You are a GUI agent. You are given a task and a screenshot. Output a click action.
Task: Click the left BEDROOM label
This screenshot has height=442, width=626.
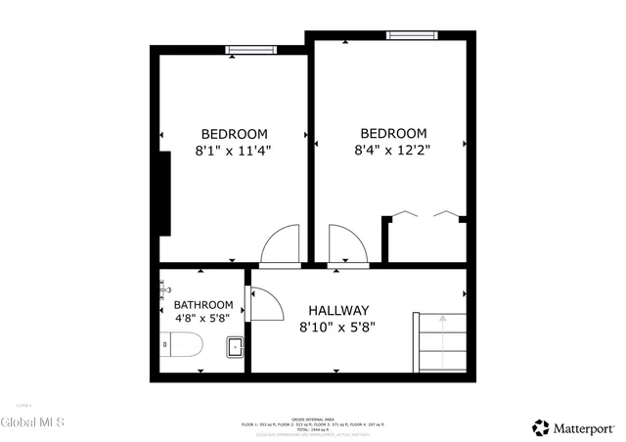pyautogui.click(x=234, y=134)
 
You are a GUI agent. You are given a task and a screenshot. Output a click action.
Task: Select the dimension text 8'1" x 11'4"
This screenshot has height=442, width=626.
pyautogui.click(x=234, y=151)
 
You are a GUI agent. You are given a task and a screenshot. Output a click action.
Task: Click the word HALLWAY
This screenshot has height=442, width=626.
pyautogui.click(x=338, y=310)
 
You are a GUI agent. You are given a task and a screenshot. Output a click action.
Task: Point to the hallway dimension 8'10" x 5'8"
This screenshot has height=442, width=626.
pyautogui.click(x=337, y=328)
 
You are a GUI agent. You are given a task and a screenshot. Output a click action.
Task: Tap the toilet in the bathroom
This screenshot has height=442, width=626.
pyautogui.click(x=182, y=346)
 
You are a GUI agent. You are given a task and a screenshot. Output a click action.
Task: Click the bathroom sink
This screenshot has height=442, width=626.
pyautogui.click(x=236, y=345)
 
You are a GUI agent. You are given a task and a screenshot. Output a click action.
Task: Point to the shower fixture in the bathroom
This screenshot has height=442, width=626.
pyautogui.click(x=164, y=287)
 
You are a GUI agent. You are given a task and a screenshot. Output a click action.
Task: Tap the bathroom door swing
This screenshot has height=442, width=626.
pyautogui.click(x=263, y=302)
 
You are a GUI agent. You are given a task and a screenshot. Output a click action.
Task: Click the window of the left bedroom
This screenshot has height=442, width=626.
pyautogui.click(x=250, y=49)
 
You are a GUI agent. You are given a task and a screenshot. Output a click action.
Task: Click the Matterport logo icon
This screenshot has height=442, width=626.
pyautogui.click(x=541, y=427)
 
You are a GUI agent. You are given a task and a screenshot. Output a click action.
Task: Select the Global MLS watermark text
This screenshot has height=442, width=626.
pyautogui.click(x=33, y=422)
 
